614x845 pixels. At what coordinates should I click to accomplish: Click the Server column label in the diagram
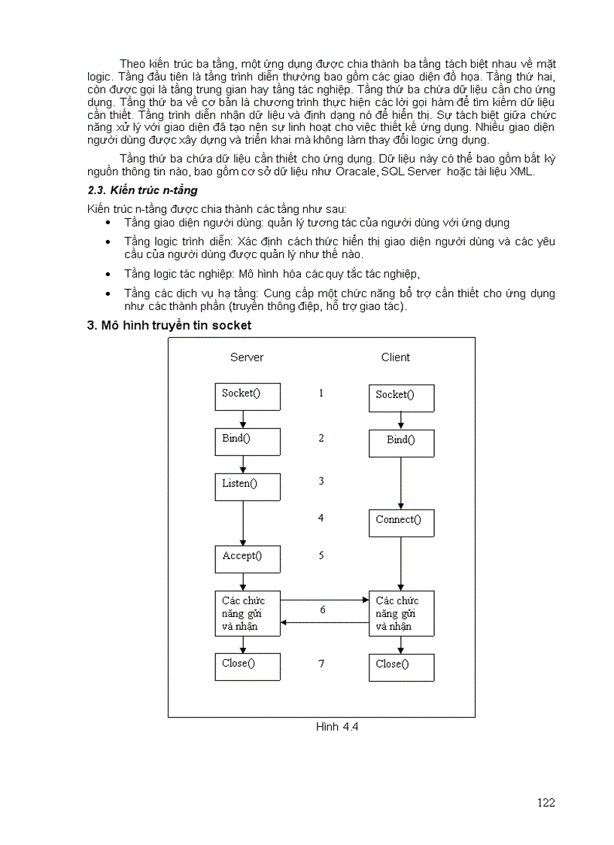click(246, 357)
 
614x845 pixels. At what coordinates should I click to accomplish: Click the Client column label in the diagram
click(395, 357)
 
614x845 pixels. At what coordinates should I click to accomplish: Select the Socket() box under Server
click(247, 396)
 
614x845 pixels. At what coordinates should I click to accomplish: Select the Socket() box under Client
click(401, 397)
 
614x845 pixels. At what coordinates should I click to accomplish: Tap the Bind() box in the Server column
click(247, 442)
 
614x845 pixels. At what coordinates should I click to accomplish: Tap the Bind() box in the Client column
click(401, 443)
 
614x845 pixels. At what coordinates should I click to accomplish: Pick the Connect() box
click(401, 522)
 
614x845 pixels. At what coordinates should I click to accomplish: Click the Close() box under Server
click(247, 667)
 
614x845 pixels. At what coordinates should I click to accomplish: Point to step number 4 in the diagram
click(321, 518)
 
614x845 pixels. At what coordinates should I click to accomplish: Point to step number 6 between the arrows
click(323, 610)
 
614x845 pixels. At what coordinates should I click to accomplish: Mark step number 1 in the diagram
click(321, 393)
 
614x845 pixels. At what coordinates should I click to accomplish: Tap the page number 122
click(546, 802)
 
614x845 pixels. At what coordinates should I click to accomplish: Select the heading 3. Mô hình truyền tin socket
click(169, 326)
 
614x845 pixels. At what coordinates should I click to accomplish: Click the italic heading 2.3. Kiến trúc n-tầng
click(143, 190)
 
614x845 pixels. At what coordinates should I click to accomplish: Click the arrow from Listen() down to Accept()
click(243, 523)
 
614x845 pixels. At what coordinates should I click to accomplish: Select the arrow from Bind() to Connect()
click(400, 483)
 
